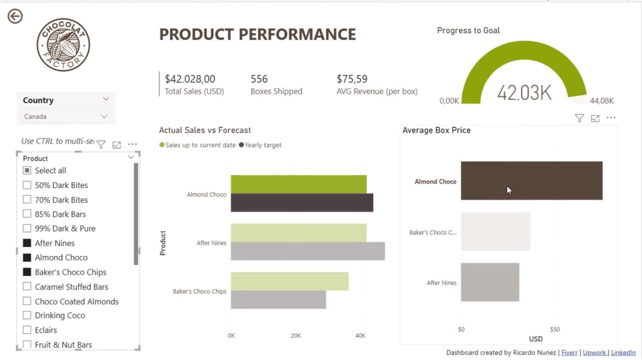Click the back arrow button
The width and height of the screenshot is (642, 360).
[x=15, y=17]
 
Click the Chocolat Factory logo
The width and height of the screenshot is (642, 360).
[x=63, y=44]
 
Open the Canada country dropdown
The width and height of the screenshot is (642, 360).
[x=65, y=117]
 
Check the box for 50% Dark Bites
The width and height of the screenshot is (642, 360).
[x=27, y=185]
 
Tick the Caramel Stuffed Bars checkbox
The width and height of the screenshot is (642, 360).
[x=27, y=286]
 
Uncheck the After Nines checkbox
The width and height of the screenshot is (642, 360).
[x=27, y=243]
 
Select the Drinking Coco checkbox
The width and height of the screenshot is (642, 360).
[x=27, y=316]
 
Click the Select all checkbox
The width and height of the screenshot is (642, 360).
[x=27, y=170]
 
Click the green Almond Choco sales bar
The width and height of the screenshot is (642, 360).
[x=299, y=184]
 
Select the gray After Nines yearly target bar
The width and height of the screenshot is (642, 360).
[x=308, y=251]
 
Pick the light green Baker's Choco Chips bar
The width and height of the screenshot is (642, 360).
[x=290, y=282]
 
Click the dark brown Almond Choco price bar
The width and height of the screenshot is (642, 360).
[x=532, y=180]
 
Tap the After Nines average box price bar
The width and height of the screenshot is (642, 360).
[x=490, y=282]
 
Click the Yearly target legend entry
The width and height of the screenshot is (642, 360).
[x=260, y=145]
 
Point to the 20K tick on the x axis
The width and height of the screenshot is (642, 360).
[x=295, y=336]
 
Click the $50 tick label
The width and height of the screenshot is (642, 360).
[x=555, y=329]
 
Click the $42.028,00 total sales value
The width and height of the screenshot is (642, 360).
[x=189, y=79]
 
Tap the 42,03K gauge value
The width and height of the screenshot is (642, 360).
[x=525, y=92]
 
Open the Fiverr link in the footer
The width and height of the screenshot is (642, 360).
[x=569, y=353]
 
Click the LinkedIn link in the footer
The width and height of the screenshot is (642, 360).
[x=623, y=353]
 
